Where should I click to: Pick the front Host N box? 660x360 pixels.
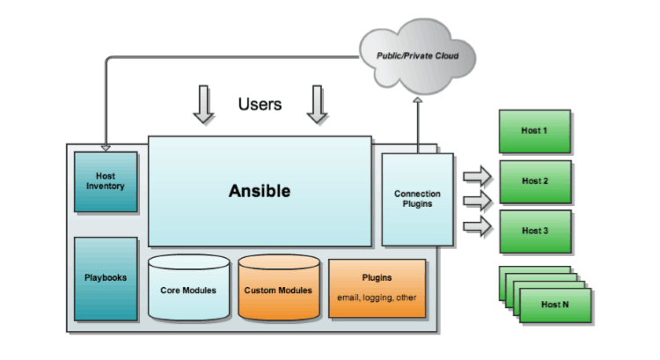click(x=554, y=305)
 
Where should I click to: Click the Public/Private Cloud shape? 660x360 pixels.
click(x=417, y=55)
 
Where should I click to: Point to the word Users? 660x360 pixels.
click(x=260, y=105)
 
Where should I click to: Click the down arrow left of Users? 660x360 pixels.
click(x=203, y=105)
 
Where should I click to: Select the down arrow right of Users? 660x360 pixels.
click(x=316, y=105)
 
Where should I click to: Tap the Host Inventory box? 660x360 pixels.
click(x=106, y=181)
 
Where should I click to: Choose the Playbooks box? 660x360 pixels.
click(x=106, y=277)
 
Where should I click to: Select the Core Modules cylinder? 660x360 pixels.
click(x=188, y=288)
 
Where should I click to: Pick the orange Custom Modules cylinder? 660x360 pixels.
click(x=276, y=288)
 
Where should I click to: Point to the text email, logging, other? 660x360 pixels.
click(x=377, y=298)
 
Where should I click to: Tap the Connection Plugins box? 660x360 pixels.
click(x=417, y=199)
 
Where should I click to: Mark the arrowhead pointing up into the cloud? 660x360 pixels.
click(x=417, y=101)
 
